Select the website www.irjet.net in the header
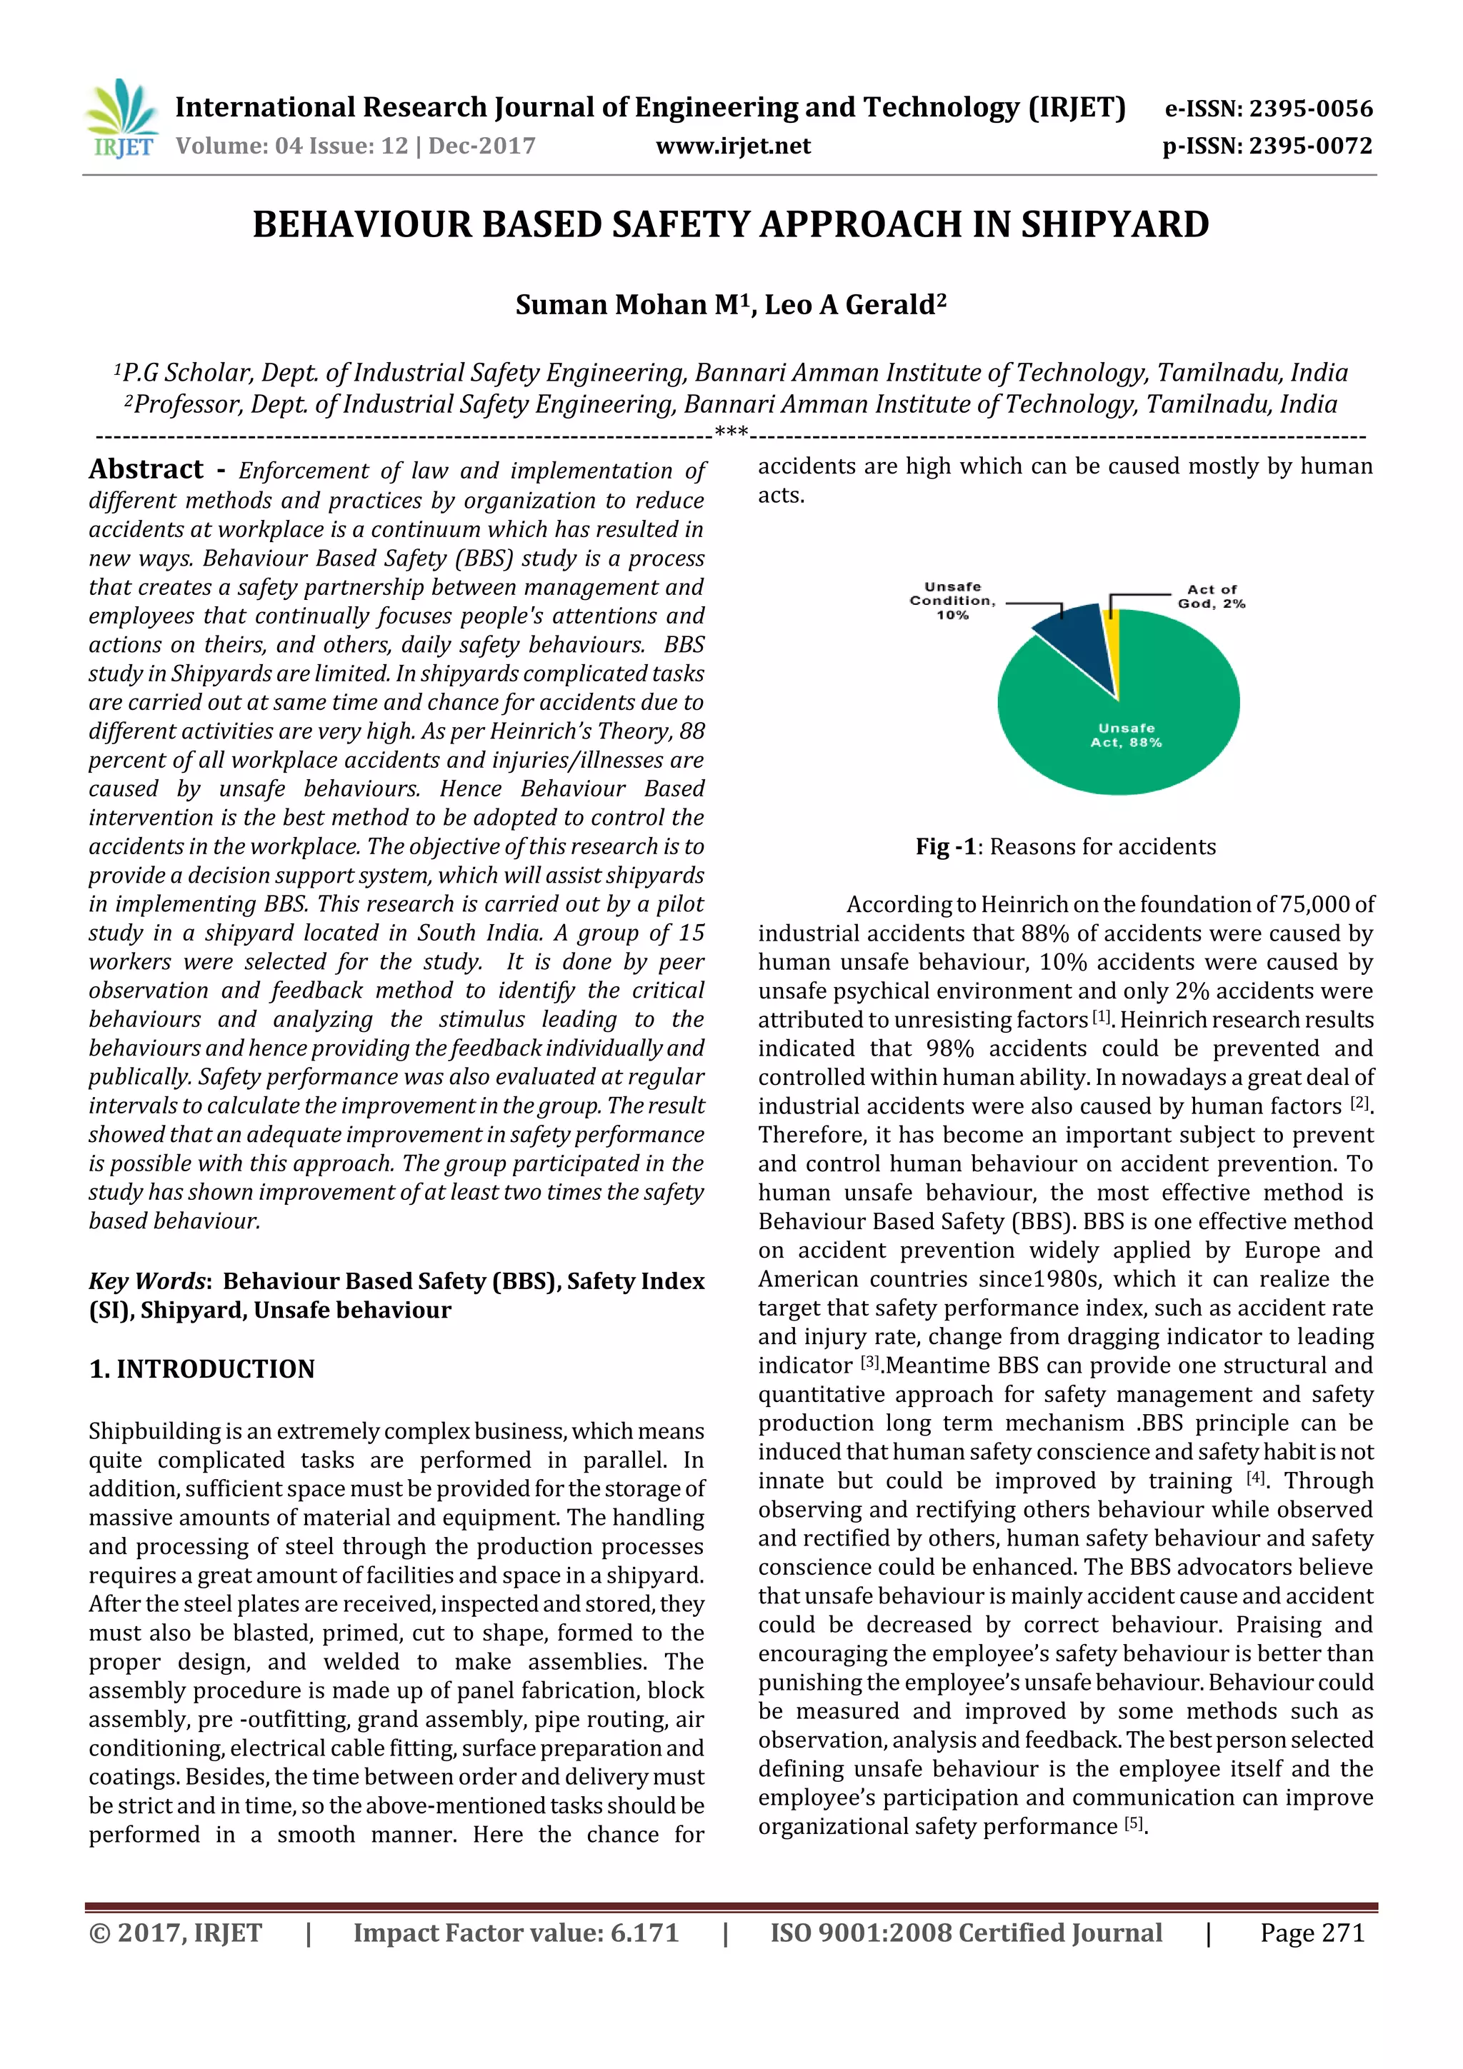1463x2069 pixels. [733, 146]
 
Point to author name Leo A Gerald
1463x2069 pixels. [850, 306]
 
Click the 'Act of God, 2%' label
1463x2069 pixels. [1211, 596]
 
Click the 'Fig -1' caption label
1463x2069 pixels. [946, 847]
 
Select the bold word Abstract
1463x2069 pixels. [146, 469]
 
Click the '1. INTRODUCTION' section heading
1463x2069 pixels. [202, 1369]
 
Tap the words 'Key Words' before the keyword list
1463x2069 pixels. [147, 1281]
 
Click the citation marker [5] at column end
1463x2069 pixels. [1133, 1824]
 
